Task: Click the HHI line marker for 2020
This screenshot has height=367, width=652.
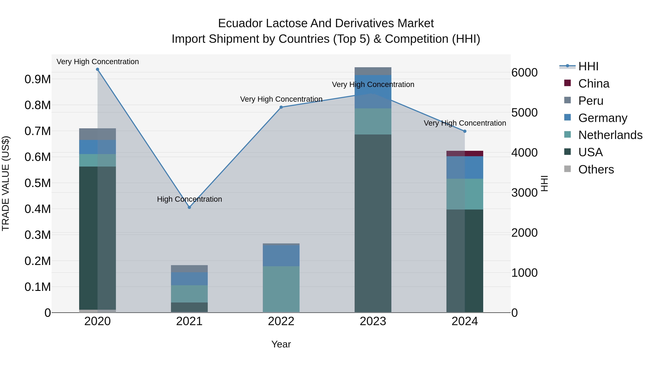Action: pos(97,69)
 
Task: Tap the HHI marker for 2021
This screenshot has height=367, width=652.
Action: pos(189,207)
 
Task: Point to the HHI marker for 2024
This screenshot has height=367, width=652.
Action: pos(465,131)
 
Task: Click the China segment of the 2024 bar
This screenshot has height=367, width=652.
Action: pos(465,154)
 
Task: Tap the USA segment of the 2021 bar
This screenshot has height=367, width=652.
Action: pos(189,307)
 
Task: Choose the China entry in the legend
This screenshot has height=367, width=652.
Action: pos(594,84)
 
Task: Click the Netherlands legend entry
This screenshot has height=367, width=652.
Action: pos(610,135)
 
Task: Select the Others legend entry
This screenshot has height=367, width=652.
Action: pos(596,169)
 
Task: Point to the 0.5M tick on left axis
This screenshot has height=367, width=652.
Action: pos(37,183)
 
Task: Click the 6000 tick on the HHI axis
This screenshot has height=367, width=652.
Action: pos(524,73)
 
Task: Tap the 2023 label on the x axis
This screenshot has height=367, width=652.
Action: pos(373,321)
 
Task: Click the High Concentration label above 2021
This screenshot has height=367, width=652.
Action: pos(189,199)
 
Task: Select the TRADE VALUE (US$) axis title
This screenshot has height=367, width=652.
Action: pos(6,183)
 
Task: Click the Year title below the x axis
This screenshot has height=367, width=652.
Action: pos(281,344)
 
